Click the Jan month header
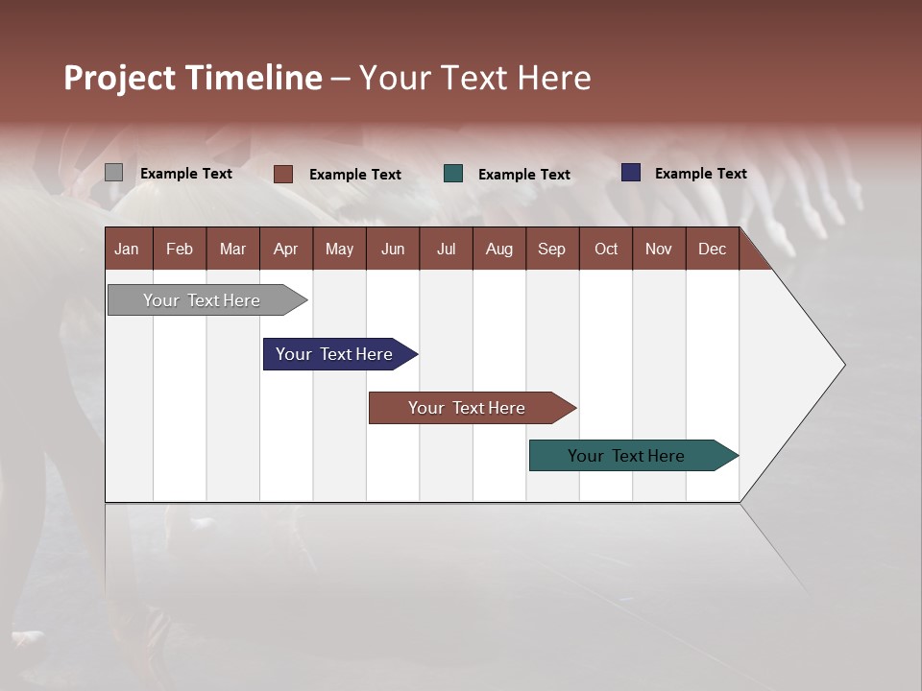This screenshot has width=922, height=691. [x=128, y=250]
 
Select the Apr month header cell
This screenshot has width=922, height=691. [x=286, y=250]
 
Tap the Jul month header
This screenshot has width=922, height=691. [x=446, y=250]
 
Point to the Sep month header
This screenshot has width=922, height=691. [x=551, y=250]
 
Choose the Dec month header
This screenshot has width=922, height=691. [x=712, y=250]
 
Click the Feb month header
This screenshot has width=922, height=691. [x=180, y=250]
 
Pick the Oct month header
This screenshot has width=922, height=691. [x=606, y=250]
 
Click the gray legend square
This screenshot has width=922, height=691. [x=113, y=173]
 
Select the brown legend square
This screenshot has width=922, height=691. [x=283, y=174]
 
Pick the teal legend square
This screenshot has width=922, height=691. [x=453, y=174]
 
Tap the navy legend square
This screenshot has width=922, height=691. [x=631, y=173]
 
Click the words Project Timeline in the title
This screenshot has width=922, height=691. [x=193, y=78]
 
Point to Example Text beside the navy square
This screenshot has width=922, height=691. [x=700, y=174]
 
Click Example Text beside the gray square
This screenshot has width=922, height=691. [x=186, y=174]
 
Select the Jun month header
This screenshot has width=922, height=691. [x=393, y=250]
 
